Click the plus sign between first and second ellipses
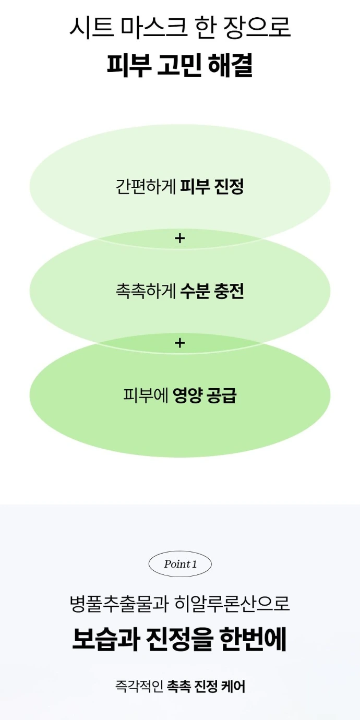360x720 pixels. coord(180,238)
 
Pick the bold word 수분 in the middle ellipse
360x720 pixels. coord(195,291)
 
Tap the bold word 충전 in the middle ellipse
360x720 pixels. coord(229,291)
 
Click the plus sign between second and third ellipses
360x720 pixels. coord(180,343)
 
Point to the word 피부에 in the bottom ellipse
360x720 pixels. coord(146,395)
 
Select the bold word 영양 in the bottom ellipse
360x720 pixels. coord(188,395)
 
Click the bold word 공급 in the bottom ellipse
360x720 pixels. coord(222,395)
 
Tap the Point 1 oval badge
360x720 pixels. coord(180,564)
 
